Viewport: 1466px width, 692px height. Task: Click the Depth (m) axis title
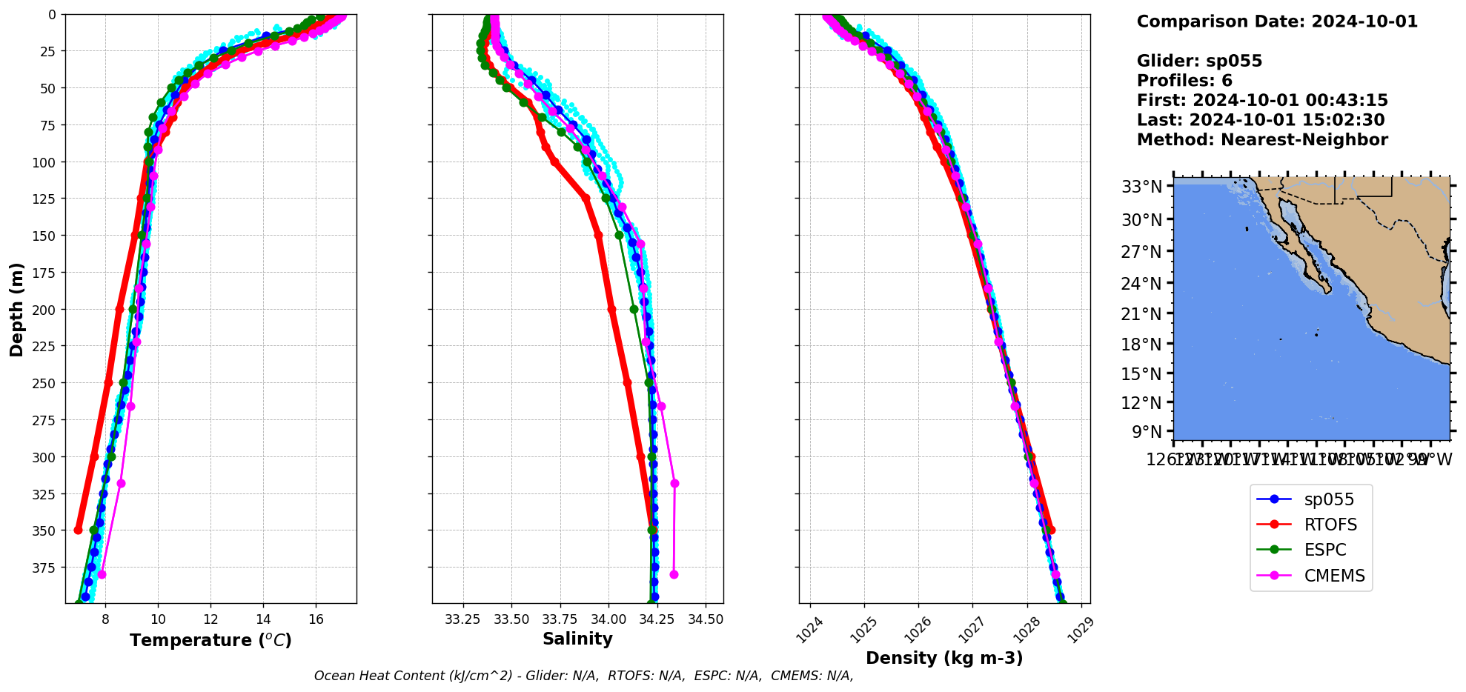[16, 309]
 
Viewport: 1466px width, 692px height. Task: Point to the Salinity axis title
[577, 639]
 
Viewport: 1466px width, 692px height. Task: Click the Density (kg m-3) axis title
[944, 658]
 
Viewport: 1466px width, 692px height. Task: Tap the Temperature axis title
[210, 640]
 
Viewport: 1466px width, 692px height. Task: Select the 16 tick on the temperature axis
[316, 619]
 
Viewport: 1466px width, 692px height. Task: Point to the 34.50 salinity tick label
[705, 619]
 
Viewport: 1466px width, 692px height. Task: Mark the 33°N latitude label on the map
[1141, 187]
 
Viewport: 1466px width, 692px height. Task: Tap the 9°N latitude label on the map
[1147, 432]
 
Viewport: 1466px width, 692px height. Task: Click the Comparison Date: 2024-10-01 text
[1277, 21]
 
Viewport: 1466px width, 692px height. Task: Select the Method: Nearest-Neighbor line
[1262, 140]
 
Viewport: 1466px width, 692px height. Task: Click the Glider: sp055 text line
[1199, 61]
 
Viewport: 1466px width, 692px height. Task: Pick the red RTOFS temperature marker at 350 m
[79, 530]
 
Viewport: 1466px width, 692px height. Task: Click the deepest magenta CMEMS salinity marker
[674, 574]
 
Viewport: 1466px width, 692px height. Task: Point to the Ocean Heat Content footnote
[583, 676]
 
